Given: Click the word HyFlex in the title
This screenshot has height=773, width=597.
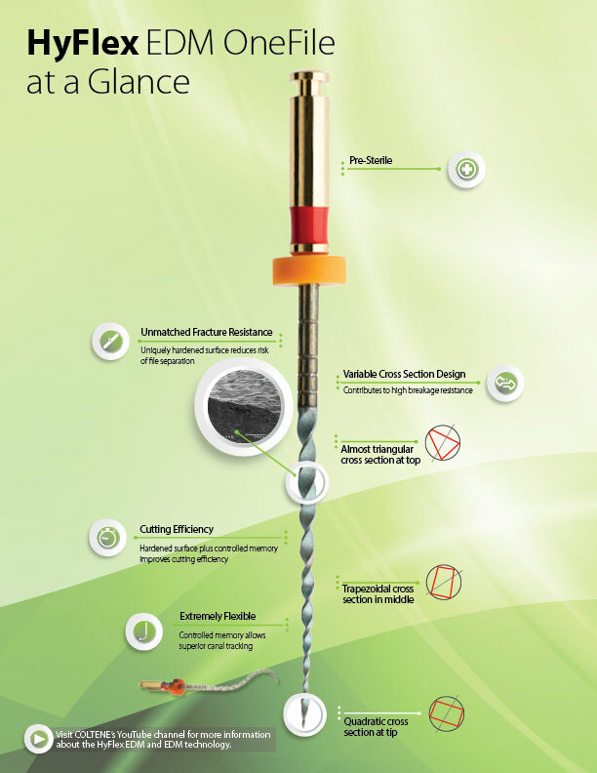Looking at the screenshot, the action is point(83,44).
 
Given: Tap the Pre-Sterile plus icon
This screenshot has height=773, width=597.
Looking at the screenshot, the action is point(466,170).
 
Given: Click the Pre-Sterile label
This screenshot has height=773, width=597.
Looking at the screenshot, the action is point(371,160).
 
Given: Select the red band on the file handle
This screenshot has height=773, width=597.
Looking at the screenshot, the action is point(309,229).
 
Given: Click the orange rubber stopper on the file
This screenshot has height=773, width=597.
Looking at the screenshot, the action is point(309,270).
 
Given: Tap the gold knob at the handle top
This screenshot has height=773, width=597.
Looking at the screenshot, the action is point(309,78).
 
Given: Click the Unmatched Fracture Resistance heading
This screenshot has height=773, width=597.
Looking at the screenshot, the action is point(207,332).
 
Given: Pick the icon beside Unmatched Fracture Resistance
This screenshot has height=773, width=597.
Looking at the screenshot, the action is point(110,342).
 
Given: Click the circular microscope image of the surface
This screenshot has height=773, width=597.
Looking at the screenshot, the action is point(244,407).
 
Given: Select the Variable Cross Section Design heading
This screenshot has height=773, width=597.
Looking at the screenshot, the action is point(404,374).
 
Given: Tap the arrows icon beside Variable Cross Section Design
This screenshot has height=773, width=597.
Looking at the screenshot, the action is point(505,383).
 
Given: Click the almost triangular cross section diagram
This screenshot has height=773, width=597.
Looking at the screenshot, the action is point(442,443).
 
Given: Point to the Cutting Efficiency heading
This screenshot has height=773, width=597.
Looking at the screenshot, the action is point(177,529).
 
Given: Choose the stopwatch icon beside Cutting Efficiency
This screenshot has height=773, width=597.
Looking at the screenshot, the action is point(107,538).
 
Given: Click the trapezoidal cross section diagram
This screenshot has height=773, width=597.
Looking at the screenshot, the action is point(443,583).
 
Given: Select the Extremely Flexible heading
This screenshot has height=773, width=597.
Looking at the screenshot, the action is point(218,616).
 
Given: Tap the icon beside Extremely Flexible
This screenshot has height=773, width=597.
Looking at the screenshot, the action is point(143,631).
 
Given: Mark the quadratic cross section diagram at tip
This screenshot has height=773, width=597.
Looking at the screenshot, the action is point(446,713).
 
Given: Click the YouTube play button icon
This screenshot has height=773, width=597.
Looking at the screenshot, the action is point(38,739).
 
